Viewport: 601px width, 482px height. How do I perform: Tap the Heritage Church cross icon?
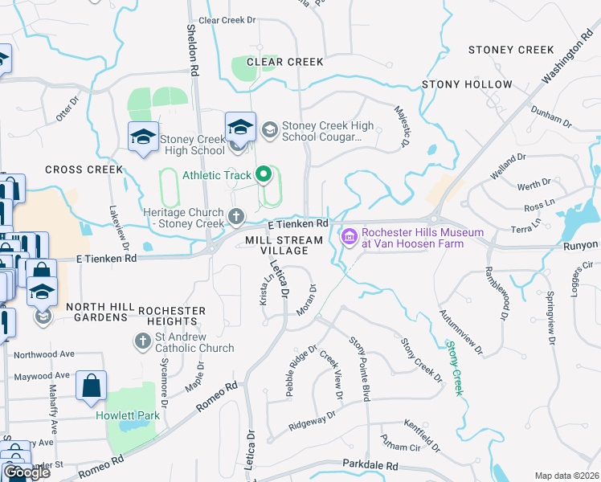[236, 215]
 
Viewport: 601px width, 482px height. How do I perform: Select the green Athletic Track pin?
[263, 174]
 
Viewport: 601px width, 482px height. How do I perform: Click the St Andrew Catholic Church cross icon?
[141, 341]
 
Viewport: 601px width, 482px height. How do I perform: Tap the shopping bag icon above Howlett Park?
[91, 386]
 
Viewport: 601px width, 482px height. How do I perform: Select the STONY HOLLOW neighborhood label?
[468, 84]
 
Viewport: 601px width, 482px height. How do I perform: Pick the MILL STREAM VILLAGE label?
[284, 245]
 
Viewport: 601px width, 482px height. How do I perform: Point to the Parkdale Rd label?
[370, 465]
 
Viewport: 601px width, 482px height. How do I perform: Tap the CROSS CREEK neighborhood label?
[84, 170]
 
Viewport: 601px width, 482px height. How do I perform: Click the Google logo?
[26, 472]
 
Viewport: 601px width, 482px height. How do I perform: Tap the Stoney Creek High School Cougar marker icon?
[269, 129]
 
